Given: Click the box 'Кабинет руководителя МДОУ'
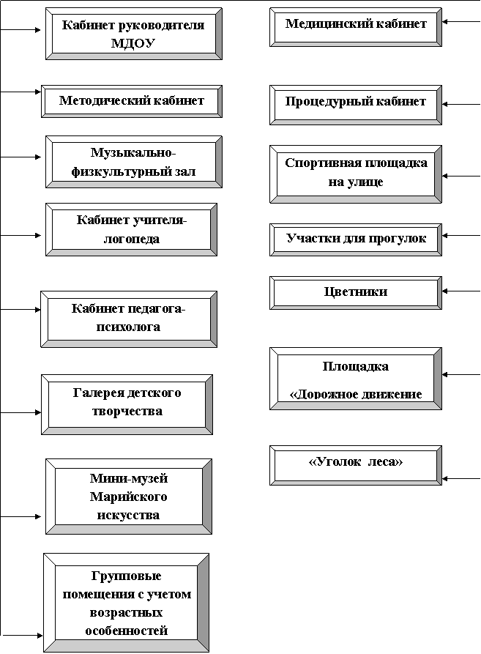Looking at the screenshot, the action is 134,34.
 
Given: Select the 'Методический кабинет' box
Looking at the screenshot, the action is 132,101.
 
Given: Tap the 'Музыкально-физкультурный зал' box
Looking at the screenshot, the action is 134,162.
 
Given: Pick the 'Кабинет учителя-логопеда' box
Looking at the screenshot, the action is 131,229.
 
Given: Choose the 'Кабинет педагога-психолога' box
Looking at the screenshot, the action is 129,319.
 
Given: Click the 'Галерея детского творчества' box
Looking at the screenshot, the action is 127,404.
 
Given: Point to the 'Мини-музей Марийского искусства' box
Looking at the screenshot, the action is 129,497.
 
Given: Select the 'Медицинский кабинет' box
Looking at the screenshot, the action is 356,26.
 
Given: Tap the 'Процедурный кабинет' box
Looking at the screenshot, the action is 356,105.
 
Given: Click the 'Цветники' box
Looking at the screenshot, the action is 356,292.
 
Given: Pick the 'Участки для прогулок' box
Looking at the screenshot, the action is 356,239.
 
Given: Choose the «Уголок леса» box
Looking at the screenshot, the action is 356,465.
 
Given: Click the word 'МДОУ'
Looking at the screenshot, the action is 133,43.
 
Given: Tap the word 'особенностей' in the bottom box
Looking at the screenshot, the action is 127,631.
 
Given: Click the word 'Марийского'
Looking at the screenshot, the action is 128,497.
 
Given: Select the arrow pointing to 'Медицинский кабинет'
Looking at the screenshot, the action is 461,22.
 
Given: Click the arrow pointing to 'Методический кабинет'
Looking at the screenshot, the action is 20,92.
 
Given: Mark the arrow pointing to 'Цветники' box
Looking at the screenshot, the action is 461,291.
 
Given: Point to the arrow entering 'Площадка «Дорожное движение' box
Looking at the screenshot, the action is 461,374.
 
